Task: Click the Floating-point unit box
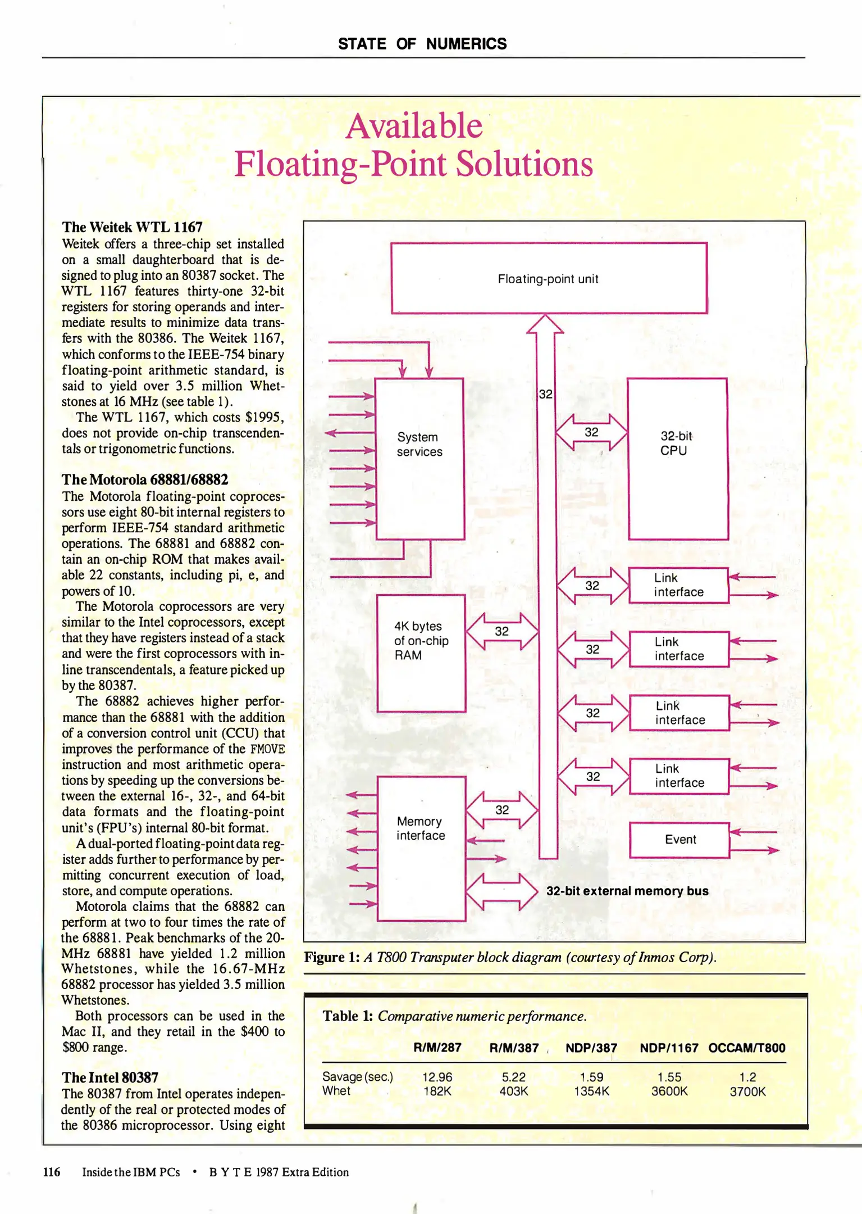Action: coord(548,278)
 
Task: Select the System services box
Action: coord(419,458)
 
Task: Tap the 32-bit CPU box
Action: coord(677,458)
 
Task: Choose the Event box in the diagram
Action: coord(679,840)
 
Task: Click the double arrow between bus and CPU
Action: coord(591,432)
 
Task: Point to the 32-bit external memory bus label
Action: coord(627,891)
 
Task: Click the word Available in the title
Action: coord(414,126)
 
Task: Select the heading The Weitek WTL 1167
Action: coord(132,227)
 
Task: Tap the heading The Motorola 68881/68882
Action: coord(145,479)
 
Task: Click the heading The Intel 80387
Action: coord(110,1077)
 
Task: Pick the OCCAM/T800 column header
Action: coord(746,1048)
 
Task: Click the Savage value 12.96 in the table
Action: coord(437,1077)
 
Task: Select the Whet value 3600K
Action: coord(669,1091)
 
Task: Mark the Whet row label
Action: coord(336,1091)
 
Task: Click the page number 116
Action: coord(52,1172)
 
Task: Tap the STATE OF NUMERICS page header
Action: coord(422,44)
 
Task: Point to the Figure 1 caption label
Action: coord(331,957)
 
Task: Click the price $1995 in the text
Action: coord(264,417)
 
